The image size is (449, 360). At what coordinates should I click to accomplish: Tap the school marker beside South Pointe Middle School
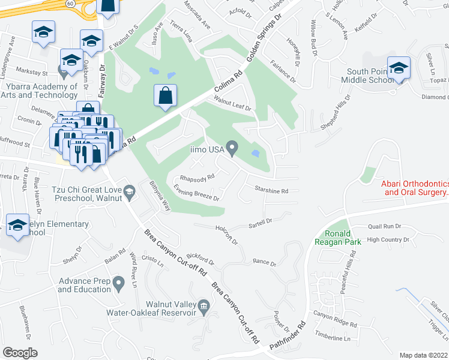tap(398, 68)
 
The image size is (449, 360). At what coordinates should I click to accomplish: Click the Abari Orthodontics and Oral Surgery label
tap(415, 188)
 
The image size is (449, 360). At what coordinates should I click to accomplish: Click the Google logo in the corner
tap(20, 353)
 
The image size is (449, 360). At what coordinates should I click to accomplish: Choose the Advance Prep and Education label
tap(86, 285)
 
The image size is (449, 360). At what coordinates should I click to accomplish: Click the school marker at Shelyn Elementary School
tap(17, 226)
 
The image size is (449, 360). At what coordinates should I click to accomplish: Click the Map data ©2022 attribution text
tap(423, 355)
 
